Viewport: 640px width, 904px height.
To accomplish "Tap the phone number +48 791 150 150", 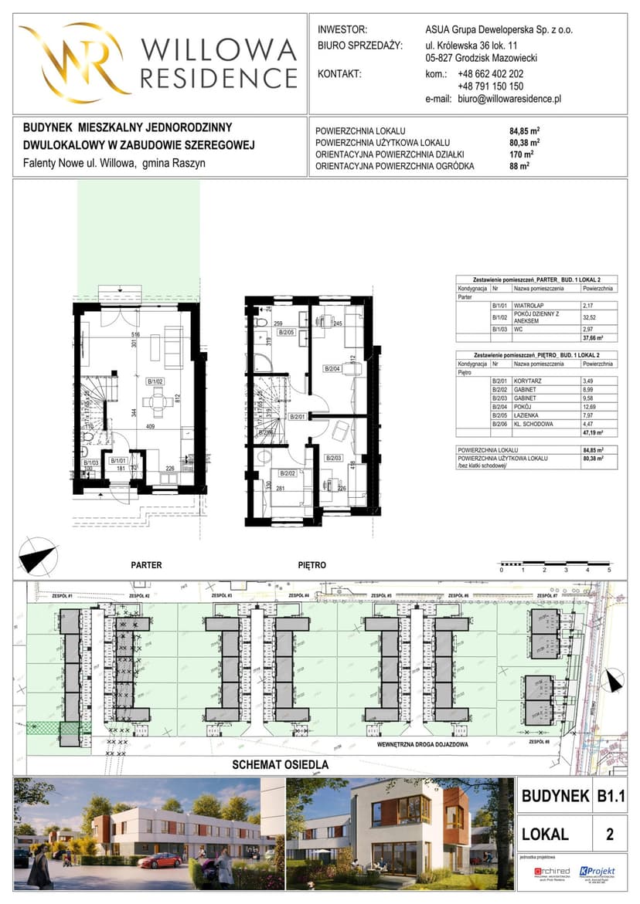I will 490,86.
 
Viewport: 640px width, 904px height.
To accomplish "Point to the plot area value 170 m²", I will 523,154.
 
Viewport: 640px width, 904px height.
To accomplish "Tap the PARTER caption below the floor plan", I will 146,565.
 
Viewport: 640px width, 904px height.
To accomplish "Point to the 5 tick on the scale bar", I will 609,570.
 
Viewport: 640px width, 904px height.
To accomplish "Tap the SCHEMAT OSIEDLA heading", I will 281,765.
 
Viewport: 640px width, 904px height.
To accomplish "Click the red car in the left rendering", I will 161,859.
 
